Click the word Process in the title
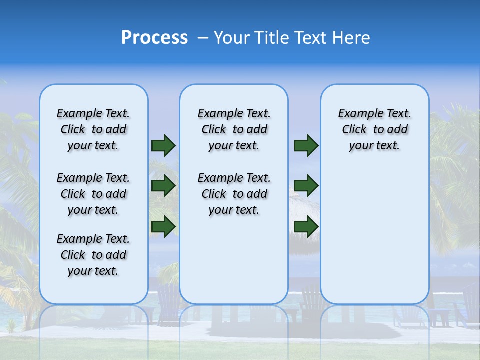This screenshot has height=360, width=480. [x=154, y=37]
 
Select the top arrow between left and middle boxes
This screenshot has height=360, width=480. [x=163, y=146]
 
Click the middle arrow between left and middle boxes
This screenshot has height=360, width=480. [x=163, y=186]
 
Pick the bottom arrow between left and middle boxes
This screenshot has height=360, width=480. [x=163, y=226]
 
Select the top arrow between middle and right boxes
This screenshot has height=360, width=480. [x=306, y=146]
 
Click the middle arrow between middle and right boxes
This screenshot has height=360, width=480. [x=306, y=186]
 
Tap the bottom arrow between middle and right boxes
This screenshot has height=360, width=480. [x=306, y=226]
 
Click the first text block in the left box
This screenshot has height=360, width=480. [x=93, y=129]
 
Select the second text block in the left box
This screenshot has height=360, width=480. [x=93, y=194]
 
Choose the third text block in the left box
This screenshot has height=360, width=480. [x=93, y=255]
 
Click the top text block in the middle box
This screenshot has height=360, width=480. [x=234, y=129]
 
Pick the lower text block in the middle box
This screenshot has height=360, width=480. [x=234, y=194]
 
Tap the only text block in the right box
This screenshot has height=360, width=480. [x=374, y=129]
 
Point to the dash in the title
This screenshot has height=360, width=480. [x=203, y=38]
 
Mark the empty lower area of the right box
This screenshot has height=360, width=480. [x=374, y=235]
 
